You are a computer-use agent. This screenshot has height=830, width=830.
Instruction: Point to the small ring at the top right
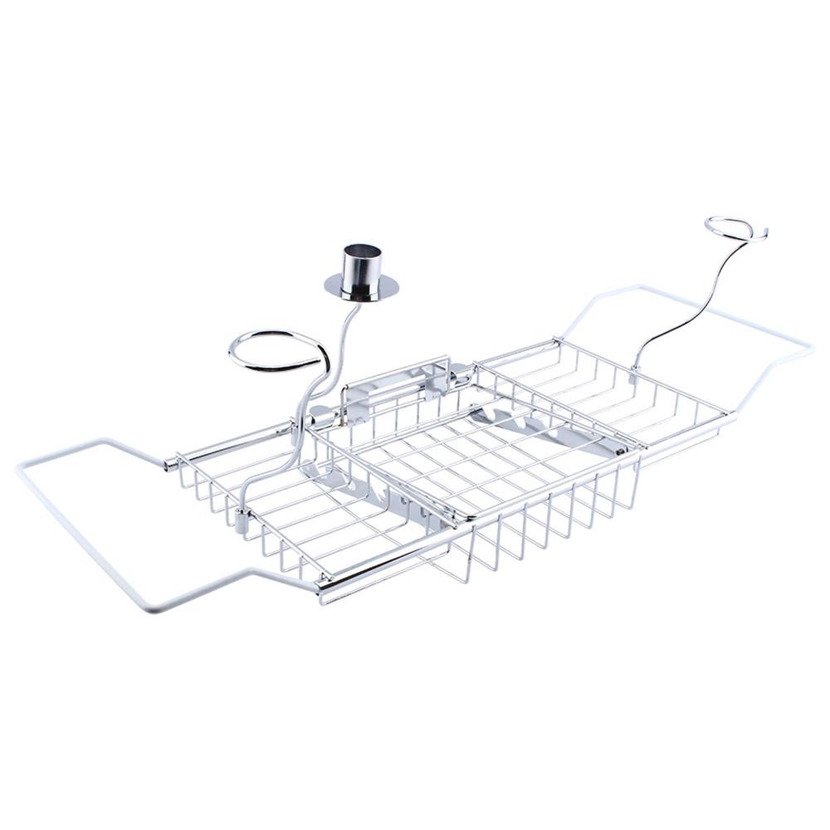pyautogui.click(x=730, y=227)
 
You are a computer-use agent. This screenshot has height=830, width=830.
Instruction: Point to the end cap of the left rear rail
pyautogui.click(x=170, y=463)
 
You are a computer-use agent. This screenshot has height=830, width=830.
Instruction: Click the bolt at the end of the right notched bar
pyautogui.click(x=620, y=451)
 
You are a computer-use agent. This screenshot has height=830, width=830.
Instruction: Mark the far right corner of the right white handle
pyautogui.click(x=809, y=349)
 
